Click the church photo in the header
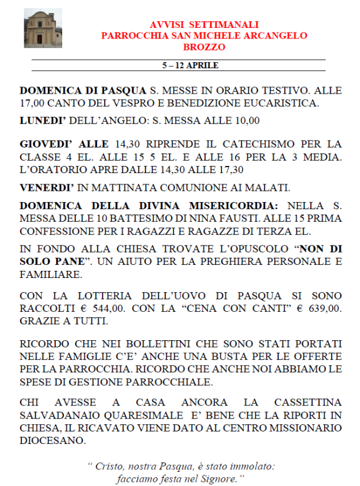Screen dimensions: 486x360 coord(43,28)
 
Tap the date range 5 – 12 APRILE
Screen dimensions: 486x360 coord(191,65)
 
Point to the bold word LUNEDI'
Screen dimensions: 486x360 coord(43,120)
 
